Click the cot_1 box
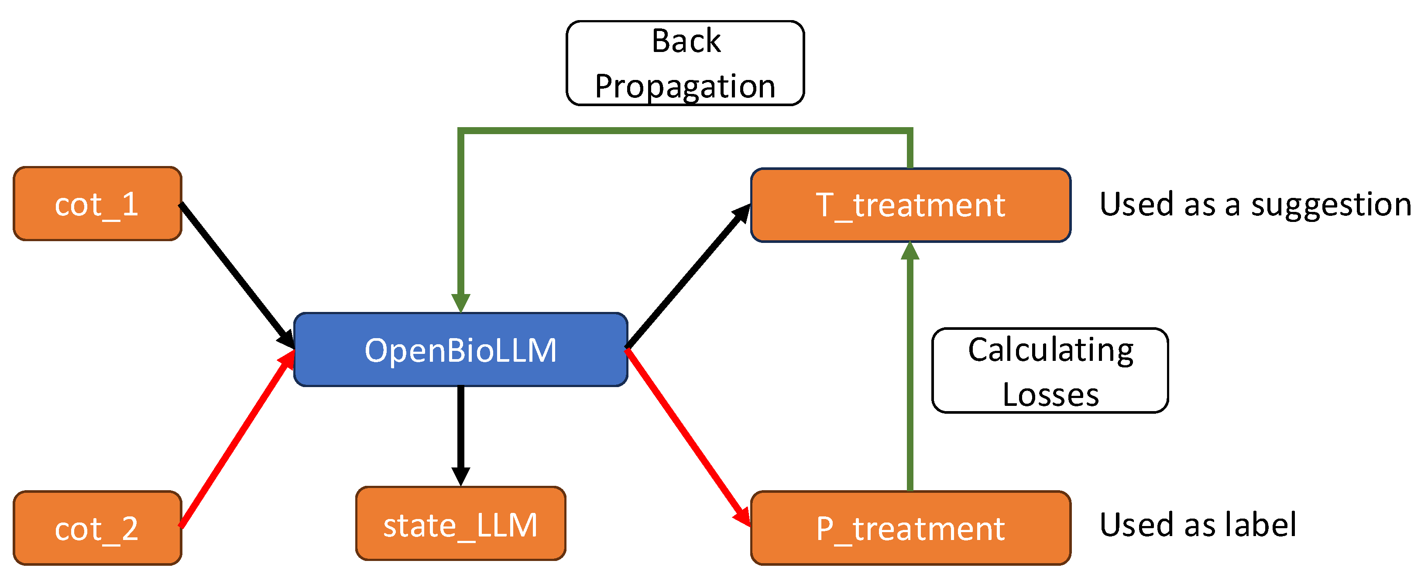97,204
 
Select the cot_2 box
97,528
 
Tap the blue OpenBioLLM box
460,350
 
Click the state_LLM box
460,523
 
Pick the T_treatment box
910,205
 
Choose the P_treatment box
910,528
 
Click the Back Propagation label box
685,63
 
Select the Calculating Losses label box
1050,370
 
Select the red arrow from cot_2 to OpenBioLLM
237,439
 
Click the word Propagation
685,86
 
